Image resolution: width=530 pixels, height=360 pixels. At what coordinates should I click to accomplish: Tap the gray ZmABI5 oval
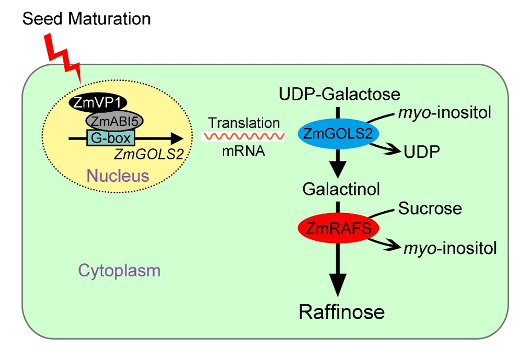(113, 121)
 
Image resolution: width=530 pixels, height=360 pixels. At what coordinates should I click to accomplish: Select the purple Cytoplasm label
(119, 270)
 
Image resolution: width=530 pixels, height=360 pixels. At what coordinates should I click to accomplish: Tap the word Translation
(244, 123)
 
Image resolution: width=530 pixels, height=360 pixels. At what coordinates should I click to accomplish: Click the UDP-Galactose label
(340, 94)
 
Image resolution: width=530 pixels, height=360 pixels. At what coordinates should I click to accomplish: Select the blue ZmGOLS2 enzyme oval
(338, 135)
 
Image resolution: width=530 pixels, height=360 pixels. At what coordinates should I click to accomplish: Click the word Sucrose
(430, 208)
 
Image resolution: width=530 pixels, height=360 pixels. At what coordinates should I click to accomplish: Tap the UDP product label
(421, 152)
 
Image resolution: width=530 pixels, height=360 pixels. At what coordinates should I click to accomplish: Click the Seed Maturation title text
(86, 19)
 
